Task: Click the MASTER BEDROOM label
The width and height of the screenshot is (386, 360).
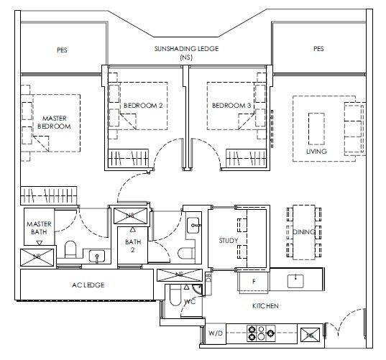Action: [x=54, y=122]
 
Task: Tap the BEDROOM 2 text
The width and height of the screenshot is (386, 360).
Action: [x=143, y=106]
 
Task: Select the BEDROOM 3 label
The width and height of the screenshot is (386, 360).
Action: [x=231, y=106]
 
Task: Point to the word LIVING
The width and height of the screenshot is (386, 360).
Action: [x=316, y=151]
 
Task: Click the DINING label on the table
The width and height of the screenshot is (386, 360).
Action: [x=304, y=232]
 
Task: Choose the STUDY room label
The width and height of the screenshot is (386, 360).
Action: [x=229, y=241]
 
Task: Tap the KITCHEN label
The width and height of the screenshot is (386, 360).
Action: [x=265, y=306]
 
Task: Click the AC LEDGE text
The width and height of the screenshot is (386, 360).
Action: [x=88, y=285]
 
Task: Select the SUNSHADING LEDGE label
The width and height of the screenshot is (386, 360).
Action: [x=186, y=49]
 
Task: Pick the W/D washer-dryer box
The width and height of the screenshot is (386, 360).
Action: [x=216, y=333]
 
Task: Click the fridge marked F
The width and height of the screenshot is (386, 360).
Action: [x=253, y=281]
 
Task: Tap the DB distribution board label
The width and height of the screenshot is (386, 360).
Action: [x=208, y=277]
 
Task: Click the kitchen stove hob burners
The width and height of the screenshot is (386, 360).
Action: [x=261, y=333]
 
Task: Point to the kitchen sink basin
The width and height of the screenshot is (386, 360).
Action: [x=295, y=281]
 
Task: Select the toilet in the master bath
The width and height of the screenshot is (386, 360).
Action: [x=70, y=249]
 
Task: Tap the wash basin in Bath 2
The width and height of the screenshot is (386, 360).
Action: [x=193, y=225]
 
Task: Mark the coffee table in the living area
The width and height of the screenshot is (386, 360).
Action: [x=316, y=129]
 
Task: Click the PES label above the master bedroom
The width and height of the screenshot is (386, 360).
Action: [x=62, y=50]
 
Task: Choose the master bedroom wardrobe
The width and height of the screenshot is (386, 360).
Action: [x=48, y=195]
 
